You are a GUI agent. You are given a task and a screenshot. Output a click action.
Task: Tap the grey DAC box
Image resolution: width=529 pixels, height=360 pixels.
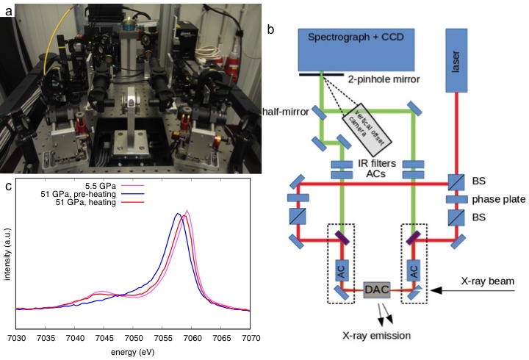[377, 291]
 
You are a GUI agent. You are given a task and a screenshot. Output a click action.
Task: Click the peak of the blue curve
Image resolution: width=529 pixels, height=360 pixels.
[179, 214]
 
